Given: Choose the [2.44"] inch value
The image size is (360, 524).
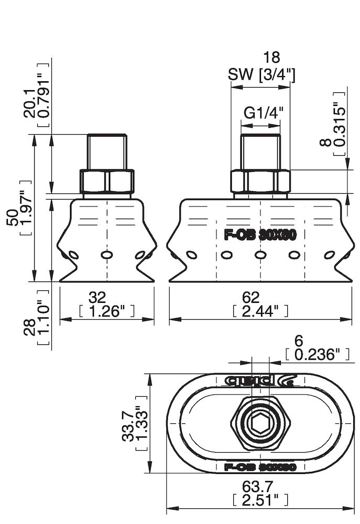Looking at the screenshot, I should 260,311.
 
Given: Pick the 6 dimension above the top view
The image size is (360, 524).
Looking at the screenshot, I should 299,341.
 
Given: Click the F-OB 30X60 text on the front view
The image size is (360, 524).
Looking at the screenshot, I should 260,235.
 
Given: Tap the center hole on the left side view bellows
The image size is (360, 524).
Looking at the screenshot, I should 107,255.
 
